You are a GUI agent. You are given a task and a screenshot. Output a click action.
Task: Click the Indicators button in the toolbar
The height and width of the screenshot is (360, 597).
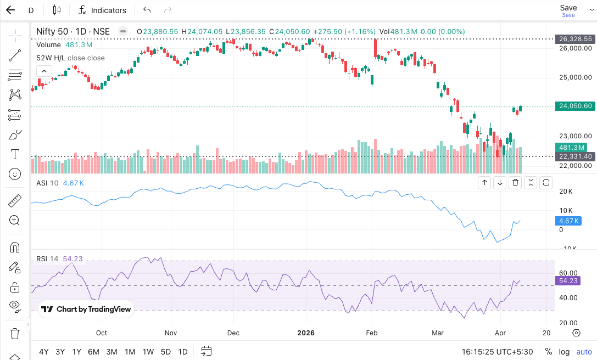[102, 10]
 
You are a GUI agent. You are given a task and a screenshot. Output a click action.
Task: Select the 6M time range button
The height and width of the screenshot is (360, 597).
[93, 352]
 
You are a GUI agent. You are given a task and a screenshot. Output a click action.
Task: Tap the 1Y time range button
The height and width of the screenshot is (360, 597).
[77, 352]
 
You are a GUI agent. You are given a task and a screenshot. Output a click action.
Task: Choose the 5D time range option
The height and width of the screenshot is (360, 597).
[165, 352]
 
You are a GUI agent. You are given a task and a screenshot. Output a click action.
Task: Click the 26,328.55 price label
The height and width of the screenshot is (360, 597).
[575, 39]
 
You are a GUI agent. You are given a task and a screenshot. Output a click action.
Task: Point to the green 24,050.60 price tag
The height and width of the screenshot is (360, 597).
[575, 106]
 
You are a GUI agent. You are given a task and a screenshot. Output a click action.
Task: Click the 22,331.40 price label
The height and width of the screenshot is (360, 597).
[575, 156]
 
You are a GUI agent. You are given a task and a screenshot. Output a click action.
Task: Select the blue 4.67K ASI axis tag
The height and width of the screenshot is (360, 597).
[568, 221]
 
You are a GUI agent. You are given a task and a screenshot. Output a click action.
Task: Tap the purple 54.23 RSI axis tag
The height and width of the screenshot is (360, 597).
[568, 280]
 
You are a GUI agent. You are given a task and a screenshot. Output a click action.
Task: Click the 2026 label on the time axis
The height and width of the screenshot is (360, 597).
[305, 333]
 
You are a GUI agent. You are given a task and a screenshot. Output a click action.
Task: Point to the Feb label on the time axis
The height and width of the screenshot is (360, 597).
[372, 333]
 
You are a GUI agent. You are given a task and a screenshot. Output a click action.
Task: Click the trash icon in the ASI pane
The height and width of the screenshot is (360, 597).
[515, 183]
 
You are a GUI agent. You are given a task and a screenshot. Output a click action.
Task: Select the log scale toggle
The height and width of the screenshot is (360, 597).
[564, 352]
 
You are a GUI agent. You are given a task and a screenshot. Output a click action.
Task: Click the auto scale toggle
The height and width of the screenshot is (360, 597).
[584, 352]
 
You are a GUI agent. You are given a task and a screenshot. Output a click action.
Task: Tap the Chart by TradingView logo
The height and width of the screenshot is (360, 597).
[86, 309]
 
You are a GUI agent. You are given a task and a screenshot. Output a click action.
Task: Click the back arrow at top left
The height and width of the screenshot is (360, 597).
[10, 10]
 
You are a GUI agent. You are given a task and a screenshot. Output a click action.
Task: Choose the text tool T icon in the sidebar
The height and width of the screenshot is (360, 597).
[15, 154]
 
